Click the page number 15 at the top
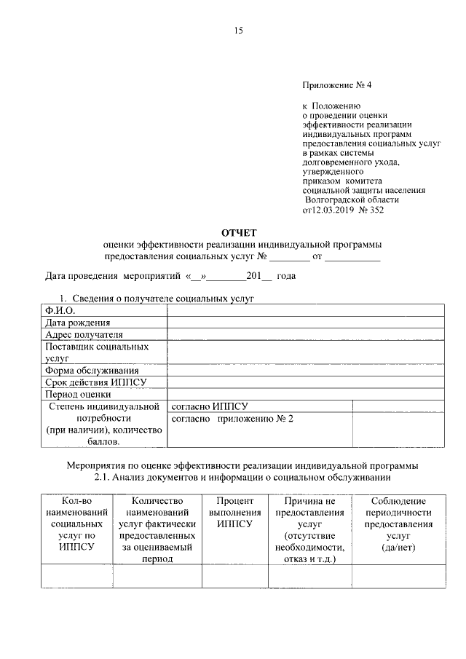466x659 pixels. (x=237, y=31)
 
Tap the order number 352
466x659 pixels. (x=376, y=210)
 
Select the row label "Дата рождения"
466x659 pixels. (x=78, y=323)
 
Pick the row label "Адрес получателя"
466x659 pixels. (x=84, y=334)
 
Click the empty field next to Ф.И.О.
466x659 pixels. (x=306, y=311)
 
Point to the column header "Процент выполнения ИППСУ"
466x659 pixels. (x=234, y=513)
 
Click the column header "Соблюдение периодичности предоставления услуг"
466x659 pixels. (x=399, y=524)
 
